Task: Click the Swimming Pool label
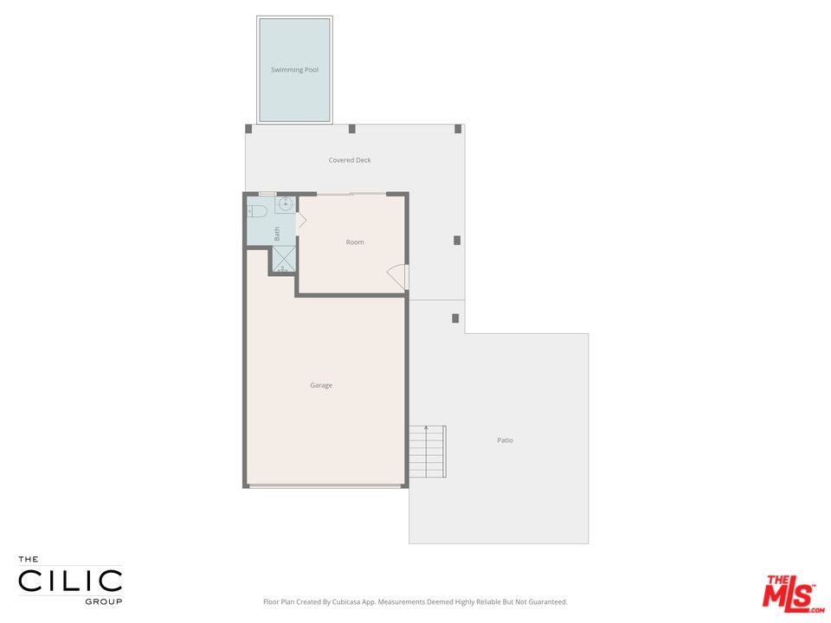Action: point(294,70)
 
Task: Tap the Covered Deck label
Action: point(350,160)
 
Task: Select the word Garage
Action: point(321,385)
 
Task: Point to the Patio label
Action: point(505,440)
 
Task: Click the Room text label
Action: point(355,242)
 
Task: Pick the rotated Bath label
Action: point(277,233)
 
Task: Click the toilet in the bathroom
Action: point(257,211)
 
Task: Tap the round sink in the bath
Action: point(284,205)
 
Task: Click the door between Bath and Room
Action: point(300,221)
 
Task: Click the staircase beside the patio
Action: point(427,452)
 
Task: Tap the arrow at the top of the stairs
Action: point(426,428)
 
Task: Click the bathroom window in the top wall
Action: point(267,194)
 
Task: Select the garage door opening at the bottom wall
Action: point(325,486)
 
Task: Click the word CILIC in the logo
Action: point(71,580)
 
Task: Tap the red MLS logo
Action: point(789,593)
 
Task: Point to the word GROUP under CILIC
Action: point(103,601)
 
